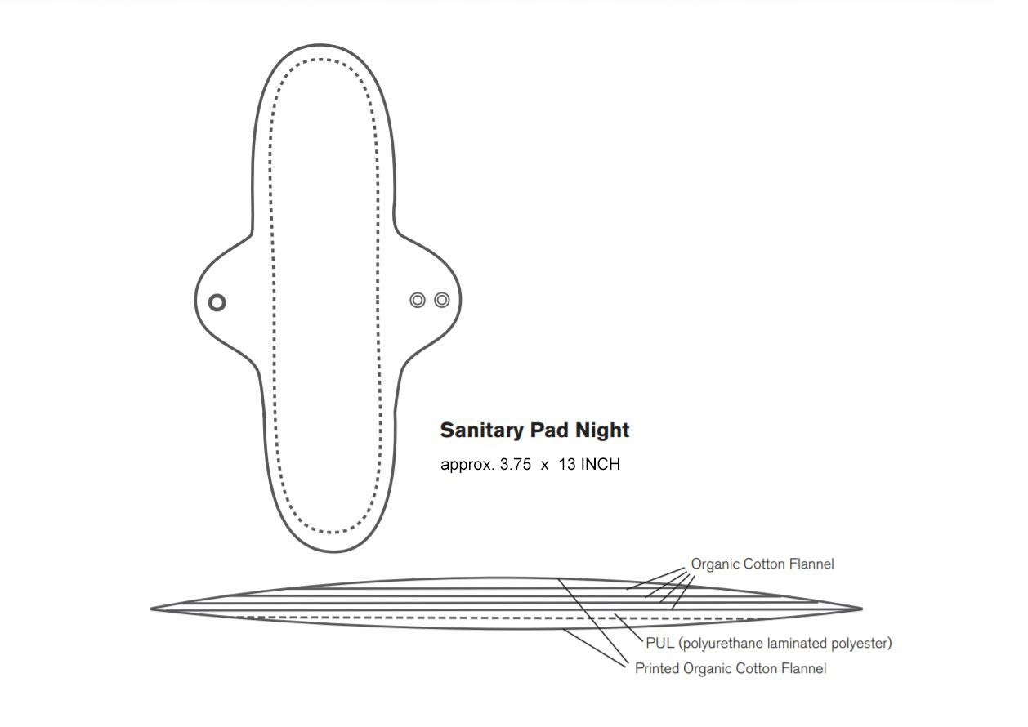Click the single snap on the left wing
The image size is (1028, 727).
click(217, 302)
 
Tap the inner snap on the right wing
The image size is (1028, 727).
click(418, 300)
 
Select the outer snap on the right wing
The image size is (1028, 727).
click(442, 300)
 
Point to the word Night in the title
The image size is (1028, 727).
click(601, 430)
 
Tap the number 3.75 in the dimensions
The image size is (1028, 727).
click(516, 465)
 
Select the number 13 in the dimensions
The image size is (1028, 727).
click(567, 465)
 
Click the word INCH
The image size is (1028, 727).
click(601, 465)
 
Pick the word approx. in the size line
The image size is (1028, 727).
click(467, 466)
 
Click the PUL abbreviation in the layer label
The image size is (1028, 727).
click(659, 644)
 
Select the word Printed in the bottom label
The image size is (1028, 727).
click(657, 669)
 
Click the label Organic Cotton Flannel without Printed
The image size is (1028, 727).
click(762, 564)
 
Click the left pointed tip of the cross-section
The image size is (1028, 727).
click(153, 609)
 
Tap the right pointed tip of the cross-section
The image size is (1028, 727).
click(860, 609)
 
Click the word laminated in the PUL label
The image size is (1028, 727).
click(798, 644)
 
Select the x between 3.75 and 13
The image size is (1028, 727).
click(544, 465)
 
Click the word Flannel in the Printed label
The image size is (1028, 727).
click(803, 669)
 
